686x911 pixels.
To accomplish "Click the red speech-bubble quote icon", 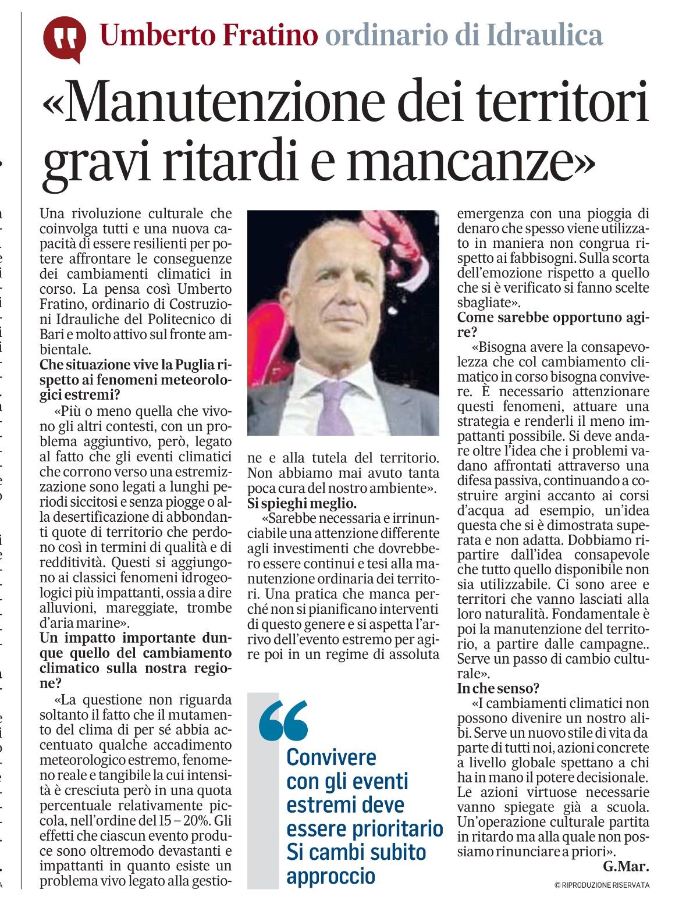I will coord(64,38).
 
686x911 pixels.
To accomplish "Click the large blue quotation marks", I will coord(283,721).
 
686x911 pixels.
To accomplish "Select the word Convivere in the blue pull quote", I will coord(331,757).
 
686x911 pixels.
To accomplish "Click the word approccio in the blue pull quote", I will coord(330,876).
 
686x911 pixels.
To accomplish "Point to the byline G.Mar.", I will coord(625,867).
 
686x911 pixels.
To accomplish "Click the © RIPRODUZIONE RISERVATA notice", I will coord(602,885).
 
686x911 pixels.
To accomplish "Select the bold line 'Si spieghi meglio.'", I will coord(301,503).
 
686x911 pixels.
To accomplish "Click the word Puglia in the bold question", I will coord(191,365).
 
